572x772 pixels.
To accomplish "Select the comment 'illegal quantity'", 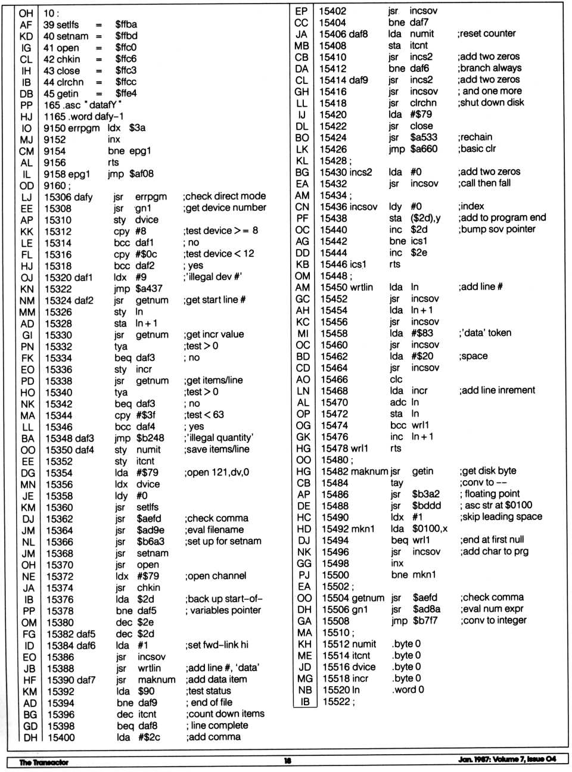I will [220, 437].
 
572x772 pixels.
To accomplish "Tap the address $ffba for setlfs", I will [126, 24].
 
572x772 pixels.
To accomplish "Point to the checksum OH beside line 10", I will [26, 13].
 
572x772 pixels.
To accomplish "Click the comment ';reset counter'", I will [486, 34].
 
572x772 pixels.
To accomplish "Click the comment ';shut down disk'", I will [492, 102].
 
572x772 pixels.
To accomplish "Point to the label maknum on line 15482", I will [370, 471].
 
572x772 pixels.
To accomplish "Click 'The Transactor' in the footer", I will [43, 762].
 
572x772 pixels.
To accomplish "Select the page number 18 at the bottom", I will [288, 761].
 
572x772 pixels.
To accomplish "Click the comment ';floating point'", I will [490, 494].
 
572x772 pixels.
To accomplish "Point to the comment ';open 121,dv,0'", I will [217, 472].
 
